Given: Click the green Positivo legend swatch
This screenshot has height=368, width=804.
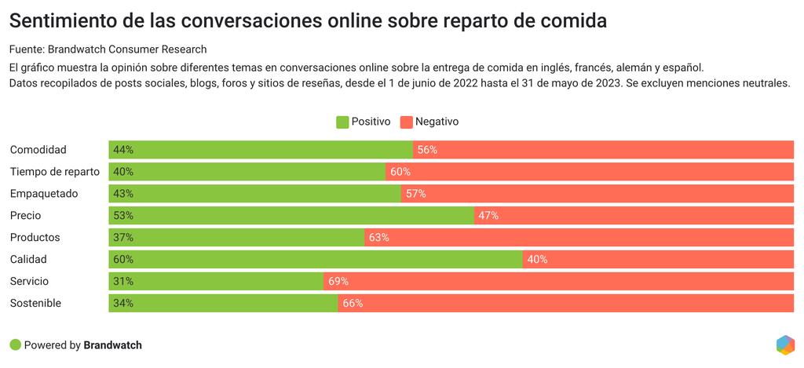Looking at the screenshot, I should click(342, 122).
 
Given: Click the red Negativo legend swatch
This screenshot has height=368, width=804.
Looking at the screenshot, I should click(406, 122).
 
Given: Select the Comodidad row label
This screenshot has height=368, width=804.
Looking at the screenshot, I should click(38, 150).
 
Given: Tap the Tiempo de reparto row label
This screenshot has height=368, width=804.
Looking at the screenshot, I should click(54, 172).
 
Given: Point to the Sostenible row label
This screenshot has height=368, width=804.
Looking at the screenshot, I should click(35, 304).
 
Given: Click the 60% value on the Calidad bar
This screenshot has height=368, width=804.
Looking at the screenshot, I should click(123, 260).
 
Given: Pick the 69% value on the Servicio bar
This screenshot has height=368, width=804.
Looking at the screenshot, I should click(338, 282).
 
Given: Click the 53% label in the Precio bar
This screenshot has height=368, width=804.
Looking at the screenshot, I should click(123, 216).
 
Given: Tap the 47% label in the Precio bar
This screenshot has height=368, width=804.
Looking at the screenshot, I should click(488, 216).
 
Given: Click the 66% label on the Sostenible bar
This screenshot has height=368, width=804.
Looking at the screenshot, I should click(353, 304).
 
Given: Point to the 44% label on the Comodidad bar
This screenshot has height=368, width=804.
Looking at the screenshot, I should click(123, 150).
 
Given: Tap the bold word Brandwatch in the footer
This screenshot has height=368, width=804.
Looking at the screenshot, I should click(112, 345).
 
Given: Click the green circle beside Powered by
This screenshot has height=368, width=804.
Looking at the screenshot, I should click(15, 345).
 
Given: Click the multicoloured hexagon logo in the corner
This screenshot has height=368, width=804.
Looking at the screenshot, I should click(785, 344).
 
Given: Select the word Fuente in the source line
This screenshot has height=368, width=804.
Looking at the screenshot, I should click(26, 49).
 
